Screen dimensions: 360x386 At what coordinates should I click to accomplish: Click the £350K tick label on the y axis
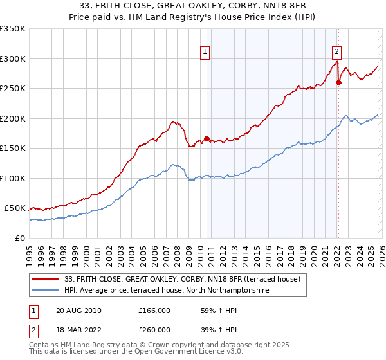[x=12, y=29]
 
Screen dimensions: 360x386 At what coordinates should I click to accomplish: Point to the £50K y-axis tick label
[x=14, y=208]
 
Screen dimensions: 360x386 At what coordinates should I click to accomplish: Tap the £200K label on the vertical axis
[x=12, y=118]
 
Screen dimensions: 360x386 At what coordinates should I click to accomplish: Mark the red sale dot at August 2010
[x=207, y=138]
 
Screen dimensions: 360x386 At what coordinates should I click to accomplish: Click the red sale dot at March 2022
[x=338, y=82]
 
